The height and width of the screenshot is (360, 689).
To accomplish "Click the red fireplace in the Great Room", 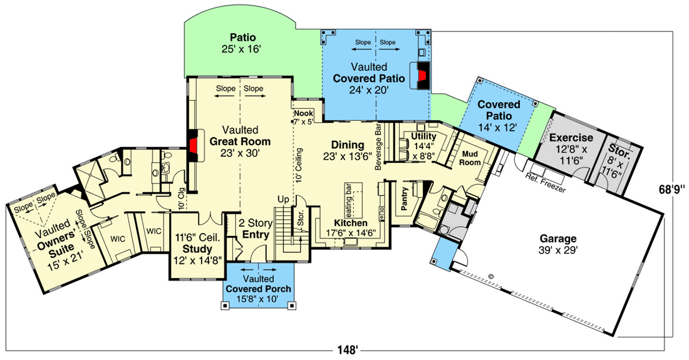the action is pyautogui.click(x=192, y=146).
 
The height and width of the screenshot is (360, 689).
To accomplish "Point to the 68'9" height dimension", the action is pyautogui.click(x=672, y=190).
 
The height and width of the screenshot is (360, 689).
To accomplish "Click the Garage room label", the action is pyautogui.click(x=558, y=239).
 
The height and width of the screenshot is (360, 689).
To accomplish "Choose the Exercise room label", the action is pyautogui.click(x=571, y=137).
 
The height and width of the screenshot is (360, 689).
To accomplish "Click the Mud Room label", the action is pyautogui.click(x=470, y=158).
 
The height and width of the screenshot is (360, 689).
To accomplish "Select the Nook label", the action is pyautogui.click(x=304, y=113).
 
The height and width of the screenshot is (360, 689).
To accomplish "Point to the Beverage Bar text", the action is pyautogui.click(x=378, y=147).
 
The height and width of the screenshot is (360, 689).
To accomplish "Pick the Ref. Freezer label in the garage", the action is pyautogui.click(x=546, y=183).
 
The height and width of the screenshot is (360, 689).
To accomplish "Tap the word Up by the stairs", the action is pyautogui.click(x=283, y=200).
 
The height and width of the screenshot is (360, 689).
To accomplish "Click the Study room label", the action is pyautogui.click(x=197, y=249).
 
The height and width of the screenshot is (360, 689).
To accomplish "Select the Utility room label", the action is pyautogui.click(x=423, y=136).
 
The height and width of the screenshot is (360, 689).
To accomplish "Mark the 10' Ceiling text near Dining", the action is pyautogui.click(x=299, y=165).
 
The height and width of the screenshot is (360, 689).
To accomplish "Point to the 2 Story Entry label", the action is pyautogui.click(x=256, y=229).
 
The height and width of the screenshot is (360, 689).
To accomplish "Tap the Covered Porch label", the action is pyautogui.click(x=258, y=289).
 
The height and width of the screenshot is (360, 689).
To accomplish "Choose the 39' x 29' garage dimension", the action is pyautogui.click(x=558, y=250).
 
